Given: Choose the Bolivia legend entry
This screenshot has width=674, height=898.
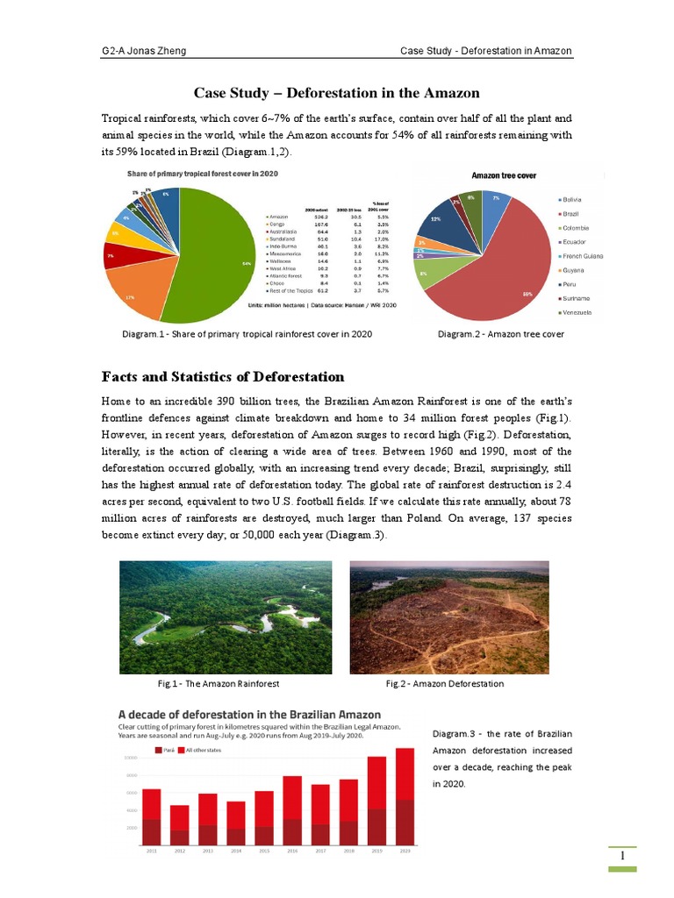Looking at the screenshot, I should [x=571, y=199].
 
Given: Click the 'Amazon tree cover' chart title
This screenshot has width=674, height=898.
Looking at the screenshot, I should [x=504, y=175].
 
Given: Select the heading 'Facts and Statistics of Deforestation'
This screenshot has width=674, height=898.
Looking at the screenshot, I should [x=223, y=376].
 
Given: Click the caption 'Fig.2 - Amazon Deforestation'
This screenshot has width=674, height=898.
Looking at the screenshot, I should [x=445, y=683].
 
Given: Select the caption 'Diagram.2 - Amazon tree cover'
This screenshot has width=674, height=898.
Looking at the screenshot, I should [x=501, y=334].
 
